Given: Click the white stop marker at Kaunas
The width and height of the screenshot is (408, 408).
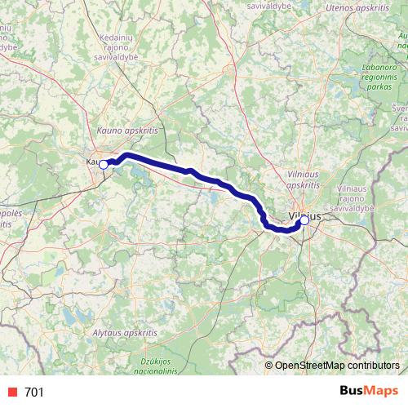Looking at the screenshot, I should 104,163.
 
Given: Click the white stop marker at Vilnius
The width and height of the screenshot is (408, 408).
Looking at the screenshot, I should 304,220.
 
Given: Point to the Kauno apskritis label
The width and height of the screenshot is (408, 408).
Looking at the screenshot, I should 126,129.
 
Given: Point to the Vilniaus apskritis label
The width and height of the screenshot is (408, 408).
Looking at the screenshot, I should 305,179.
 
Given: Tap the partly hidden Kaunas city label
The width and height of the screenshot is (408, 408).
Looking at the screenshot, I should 91,162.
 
